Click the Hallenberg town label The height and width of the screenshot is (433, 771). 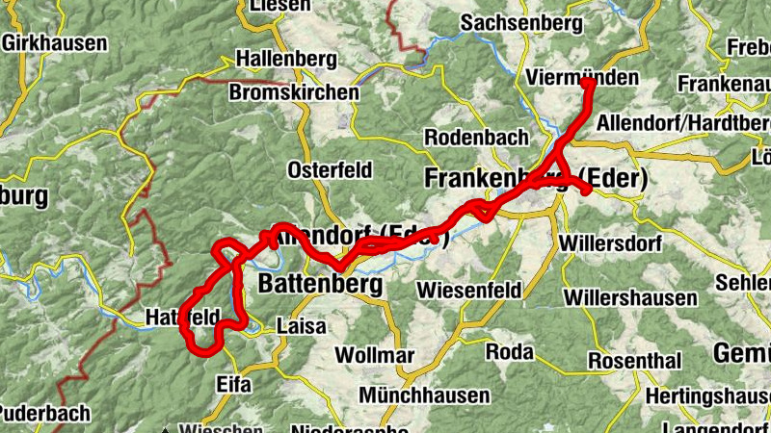click(286, 58)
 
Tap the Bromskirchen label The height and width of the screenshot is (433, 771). click(294, 93)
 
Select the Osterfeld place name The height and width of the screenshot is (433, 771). click(331, 170)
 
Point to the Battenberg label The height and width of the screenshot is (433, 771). click(321, 285)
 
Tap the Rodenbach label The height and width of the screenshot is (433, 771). click(477, 138)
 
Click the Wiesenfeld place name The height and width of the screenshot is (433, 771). click(469, 290)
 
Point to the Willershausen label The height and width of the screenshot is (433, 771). click(630, 297)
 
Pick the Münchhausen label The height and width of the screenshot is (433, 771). click(424, 395)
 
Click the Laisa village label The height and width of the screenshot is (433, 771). click(301, 326)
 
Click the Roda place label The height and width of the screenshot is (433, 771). click(510, 352)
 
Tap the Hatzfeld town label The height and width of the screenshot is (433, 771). click(183, 316)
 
